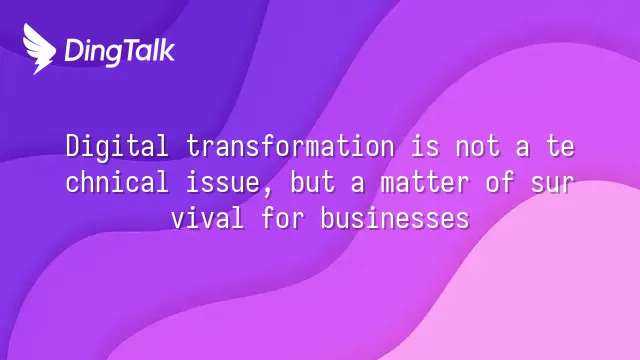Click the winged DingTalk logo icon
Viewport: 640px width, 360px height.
coord(39,49)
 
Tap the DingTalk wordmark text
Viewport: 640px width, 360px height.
coord(120,51)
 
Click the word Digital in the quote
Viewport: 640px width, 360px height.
coord(117,147)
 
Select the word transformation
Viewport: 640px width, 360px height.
coord(291,146)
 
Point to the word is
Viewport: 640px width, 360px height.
coord(425,146)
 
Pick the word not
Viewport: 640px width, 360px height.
coord(478,147)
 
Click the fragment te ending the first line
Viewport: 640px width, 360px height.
coord(560,147)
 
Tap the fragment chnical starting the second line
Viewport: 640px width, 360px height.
coord(117,182)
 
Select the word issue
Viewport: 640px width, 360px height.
coord(223,182)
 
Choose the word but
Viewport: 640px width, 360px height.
coord(313,182)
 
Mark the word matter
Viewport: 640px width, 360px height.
coord(424,183)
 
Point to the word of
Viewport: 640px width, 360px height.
coord(500,182)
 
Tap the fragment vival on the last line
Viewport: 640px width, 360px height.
coord(207,218)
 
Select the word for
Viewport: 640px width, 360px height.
coord(283,218)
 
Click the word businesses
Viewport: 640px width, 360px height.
coord(395,218)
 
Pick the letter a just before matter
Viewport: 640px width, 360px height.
coord(358,184)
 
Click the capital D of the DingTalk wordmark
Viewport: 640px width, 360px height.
coord(74,50)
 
